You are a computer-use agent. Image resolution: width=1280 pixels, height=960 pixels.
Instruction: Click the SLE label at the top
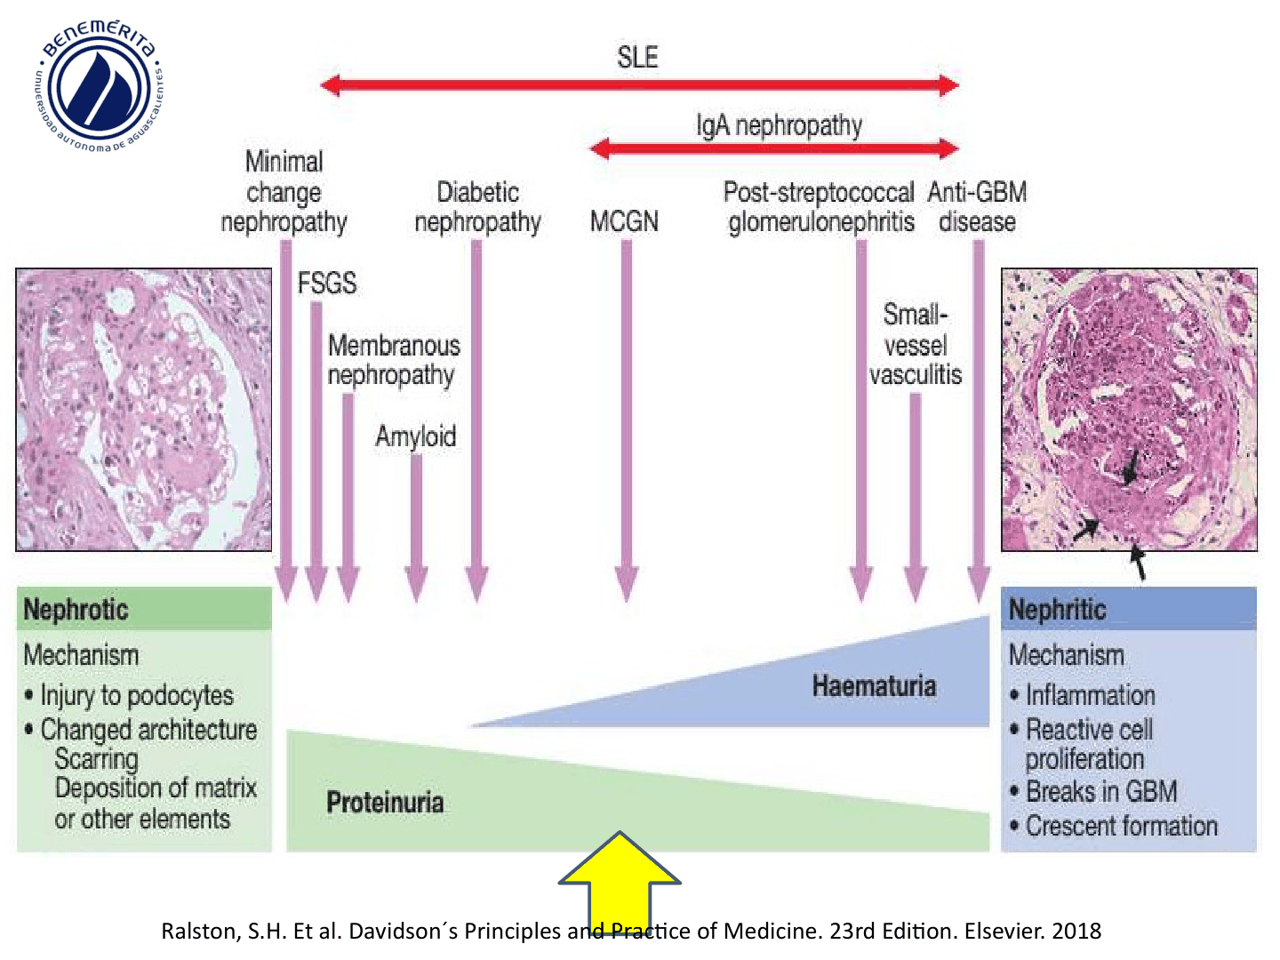tap(637, 57)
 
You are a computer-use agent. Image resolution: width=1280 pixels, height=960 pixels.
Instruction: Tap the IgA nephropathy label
tap(779, 126)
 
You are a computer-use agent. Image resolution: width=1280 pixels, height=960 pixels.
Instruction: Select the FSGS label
tap(326, 284)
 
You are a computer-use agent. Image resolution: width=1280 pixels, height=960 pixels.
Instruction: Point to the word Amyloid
tap(416, 436)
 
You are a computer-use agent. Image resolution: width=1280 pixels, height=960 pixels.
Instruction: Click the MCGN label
tap(624, 222)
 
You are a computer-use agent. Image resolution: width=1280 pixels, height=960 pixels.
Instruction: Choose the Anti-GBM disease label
tap(977, 207)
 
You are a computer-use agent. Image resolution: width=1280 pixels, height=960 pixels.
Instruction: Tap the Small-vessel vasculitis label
tap(916, 345)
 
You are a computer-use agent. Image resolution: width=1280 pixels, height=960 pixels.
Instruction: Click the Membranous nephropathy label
tap(394, 361)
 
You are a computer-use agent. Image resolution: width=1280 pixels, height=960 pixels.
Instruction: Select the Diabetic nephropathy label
tap(477, 207)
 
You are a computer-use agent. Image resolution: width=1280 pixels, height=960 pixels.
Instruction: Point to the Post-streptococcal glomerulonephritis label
tap(820, 207)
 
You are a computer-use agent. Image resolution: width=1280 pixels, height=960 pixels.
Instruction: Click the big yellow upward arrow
tap(620, 881)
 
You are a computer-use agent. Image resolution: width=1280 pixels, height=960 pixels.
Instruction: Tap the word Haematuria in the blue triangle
tap(874, 686)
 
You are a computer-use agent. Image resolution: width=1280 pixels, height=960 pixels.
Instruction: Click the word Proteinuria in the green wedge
tap(385, 803)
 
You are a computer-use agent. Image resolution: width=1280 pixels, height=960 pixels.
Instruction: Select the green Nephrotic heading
tap(76, 610)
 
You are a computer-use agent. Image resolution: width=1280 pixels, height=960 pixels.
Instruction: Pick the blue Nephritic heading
tap(1057, 610)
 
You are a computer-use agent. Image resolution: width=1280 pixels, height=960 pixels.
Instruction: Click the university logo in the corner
tap(100, 85)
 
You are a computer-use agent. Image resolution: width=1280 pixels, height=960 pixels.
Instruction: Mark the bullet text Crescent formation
tap(1115, 826)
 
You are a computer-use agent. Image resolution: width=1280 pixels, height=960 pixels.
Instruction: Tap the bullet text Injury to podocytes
tap(129, 696)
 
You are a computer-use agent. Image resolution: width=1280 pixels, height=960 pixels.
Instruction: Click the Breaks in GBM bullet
tap(1094, 791)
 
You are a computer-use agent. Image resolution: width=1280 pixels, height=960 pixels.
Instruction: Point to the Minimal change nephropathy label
tap(284, 192)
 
